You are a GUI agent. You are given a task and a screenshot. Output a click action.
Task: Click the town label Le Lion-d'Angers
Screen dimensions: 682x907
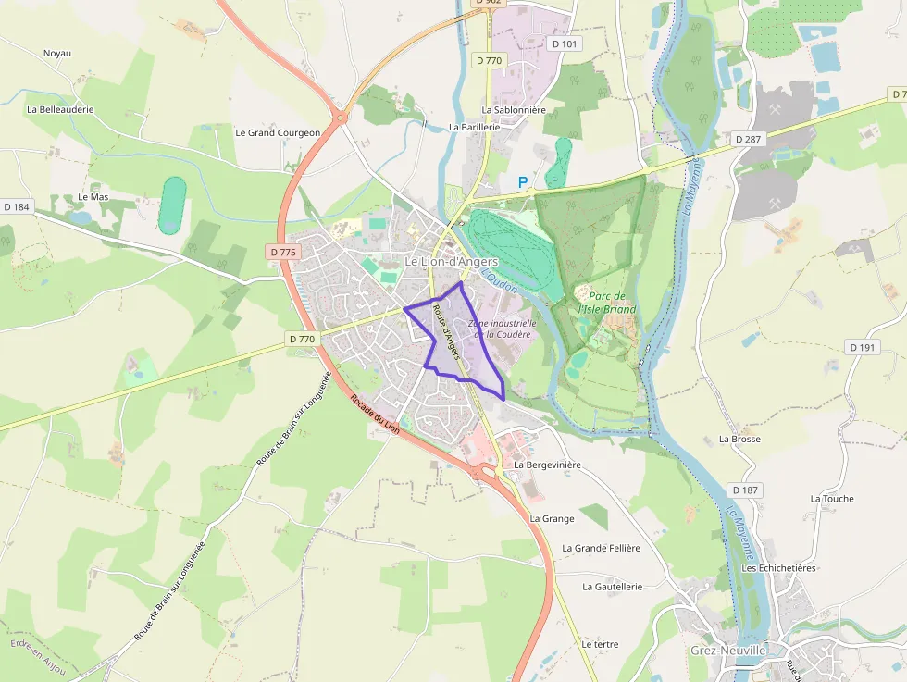[x=452, y=263]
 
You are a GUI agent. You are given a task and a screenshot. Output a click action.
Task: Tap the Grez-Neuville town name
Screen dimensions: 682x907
[x=728, y=651]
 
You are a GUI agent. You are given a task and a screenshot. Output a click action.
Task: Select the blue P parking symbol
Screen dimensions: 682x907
[x=523, y=183]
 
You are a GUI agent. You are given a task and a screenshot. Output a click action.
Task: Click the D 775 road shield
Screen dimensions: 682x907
[x=284, y=252]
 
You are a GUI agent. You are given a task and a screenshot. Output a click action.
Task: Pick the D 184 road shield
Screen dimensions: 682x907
[x=17, y=206]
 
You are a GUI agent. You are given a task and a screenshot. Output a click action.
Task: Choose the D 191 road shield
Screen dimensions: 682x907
[x=862, y=347]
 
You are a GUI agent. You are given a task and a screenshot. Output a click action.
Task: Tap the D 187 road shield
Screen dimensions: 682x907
[x=744, y=490]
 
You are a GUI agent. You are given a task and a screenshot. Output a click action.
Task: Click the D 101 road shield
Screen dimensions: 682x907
[x=567, y=43]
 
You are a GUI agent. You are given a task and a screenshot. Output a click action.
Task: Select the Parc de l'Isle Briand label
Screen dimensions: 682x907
[x=607, y=303]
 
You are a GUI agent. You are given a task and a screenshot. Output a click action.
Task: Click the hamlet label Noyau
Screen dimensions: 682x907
[x=57, y=53]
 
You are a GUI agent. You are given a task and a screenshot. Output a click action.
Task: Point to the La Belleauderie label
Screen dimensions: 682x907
[x=60, y=109]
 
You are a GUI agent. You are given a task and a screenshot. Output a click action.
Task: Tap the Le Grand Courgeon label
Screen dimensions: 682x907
[x=278, y=132]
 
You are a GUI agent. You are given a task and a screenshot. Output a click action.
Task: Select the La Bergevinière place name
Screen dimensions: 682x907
[x=547, y=465]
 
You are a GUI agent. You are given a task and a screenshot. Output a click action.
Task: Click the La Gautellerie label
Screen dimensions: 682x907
[x=612, y=587]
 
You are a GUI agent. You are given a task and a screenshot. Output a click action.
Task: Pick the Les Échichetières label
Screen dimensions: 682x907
[x=778, y=568]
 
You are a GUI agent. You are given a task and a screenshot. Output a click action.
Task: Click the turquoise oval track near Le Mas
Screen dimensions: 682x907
[x=171, y=205]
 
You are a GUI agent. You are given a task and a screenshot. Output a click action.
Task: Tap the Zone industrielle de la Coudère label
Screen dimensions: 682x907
[x=501, y=329]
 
